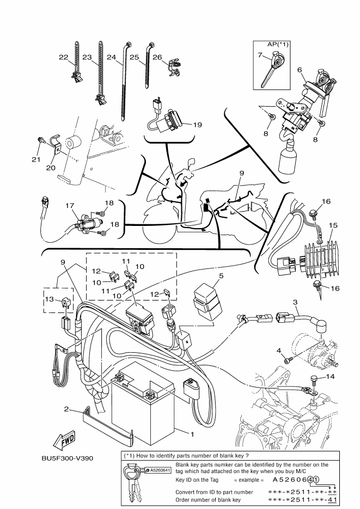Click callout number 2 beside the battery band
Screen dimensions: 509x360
pos(65,408)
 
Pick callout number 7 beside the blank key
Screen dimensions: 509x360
pos(259,54)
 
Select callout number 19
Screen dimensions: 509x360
pos(197,124)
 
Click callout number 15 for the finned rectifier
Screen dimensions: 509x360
pos(333,225)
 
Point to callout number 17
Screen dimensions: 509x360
pos(69,206)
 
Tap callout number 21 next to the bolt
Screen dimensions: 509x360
pos(36,160)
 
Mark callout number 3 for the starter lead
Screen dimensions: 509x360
pos(295,302)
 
